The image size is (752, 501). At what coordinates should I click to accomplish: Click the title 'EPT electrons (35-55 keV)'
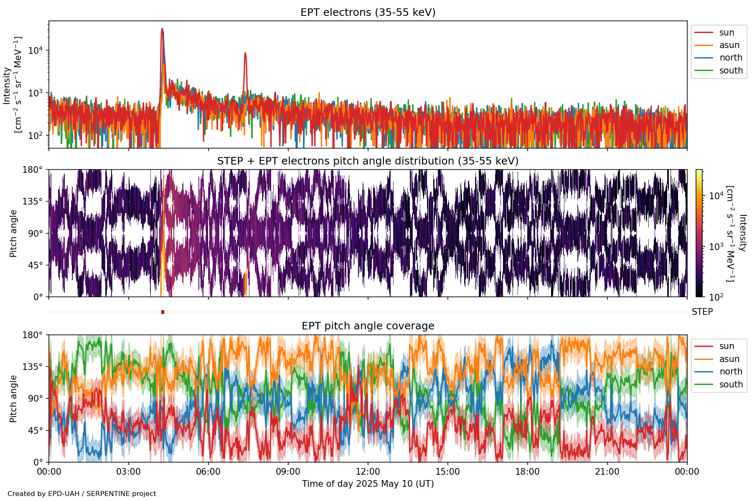(x=368, y=13)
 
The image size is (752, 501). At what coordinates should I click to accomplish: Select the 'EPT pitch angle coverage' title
(x=368, y=326)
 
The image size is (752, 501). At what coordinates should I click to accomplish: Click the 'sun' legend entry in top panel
(x=727, y=33)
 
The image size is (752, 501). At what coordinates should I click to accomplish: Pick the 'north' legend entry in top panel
(x=731, y=58)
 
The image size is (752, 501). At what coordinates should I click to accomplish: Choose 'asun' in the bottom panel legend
(x=729, y=359)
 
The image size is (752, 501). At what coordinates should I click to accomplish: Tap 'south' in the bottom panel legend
(x=731, y=385)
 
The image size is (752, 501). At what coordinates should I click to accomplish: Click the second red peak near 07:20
(x=245, y=53)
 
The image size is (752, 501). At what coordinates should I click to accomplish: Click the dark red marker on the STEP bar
(x=163, y=312)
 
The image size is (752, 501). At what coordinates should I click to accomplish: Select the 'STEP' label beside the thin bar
(x=702, y=312)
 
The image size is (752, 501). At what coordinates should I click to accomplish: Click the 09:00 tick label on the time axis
(x=288, y=472)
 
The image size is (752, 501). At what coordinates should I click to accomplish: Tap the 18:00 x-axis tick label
(x=527, y=472)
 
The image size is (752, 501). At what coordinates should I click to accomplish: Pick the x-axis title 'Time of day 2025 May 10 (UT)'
(x=368, y=484)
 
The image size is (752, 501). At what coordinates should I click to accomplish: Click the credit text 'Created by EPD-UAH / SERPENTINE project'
(x=82, y=494)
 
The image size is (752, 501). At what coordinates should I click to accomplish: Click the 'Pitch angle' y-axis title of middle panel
(x=13, y=233)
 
